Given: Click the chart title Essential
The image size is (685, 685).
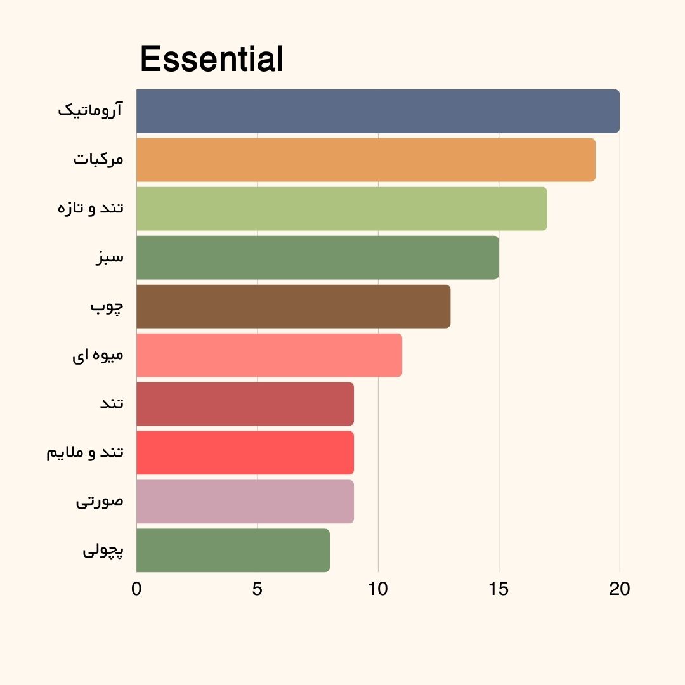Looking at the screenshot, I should pyautogui.click(x=211, y=60).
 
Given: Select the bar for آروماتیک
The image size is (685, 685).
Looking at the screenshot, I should pyautogui.click(x=377, y=111).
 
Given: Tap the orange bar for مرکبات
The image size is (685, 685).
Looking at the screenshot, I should pyautogui.click(x=365, y=160).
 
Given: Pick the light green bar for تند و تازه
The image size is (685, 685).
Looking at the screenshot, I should pyautogui.click(x=341, y=209).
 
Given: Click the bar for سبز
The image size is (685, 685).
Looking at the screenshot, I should pyautogui.click(x=317, y=258).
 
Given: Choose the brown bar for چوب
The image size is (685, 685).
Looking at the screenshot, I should pyautogui.click(x=293, y=306).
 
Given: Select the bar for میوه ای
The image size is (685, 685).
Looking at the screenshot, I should pyautogui.click(x=269, y=355).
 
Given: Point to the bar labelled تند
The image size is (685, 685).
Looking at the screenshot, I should pyautogui.click(x=245, y=404).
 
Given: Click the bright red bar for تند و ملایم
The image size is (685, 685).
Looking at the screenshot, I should pyautogui.click(x=245, y=453).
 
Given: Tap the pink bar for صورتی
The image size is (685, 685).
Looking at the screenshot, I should pyautogui.click(x=245, y=502).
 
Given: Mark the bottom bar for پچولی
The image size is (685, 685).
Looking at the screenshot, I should pyautogui.click(x=233, y=551).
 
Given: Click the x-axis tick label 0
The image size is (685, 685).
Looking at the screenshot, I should pyautogui.click(x=136, y=589).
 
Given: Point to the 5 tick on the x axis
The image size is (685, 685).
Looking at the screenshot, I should pyautogui.click(x=257, y=589).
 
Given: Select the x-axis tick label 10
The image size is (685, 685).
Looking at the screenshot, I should pyautogui.click(x=378, y=589).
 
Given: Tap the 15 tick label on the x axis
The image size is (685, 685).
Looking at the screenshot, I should pyautogui.click(x=499, y=589).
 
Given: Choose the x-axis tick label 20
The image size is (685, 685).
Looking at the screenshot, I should pyautogui.click(x=620, y=589).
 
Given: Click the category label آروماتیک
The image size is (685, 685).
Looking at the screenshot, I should pyautogui.click(x=91, y=110).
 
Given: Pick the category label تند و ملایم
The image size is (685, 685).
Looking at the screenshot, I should pyautogui.click(x=85, y=453).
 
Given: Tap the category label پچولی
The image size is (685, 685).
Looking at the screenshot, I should pyautogui.click(x=103, y=551).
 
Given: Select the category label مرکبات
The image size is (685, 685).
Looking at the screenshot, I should pyautogui.click(x=98, y=159).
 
